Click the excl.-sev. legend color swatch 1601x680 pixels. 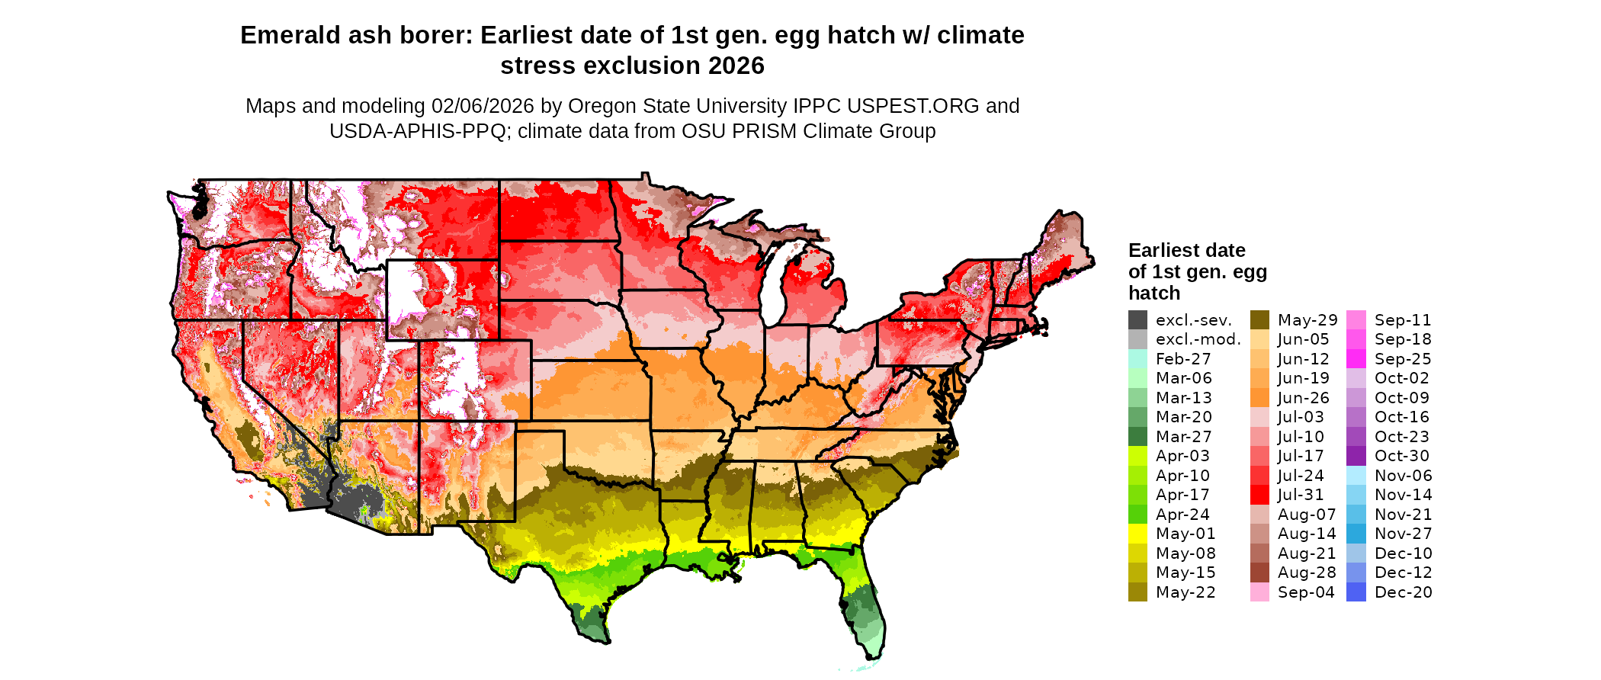point(1137,320)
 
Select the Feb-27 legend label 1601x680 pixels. point(1182,359)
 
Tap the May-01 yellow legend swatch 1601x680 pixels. point(1137,534)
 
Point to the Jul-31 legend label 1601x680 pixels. point(1301,495)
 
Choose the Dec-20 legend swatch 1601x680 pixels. point(1356,592)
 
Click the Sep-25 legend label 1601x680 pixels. point(1403,359)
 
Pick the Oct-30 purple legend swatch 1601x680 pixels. point(1356,456)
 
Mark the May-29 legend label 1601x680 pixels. point(1307,320)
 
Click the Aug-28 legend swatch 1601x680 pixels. point(1259,573)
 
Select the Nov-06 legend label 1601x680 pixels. point(1403,476)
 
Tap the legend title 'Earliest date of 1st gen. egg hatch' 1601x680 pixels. point(1196,271)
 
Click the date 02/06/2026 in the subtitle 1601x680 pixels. point(483,106)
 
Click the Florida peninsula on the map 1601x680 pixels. point(865,610)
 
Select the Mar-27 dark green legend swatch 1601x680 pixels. point(1137,437)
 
